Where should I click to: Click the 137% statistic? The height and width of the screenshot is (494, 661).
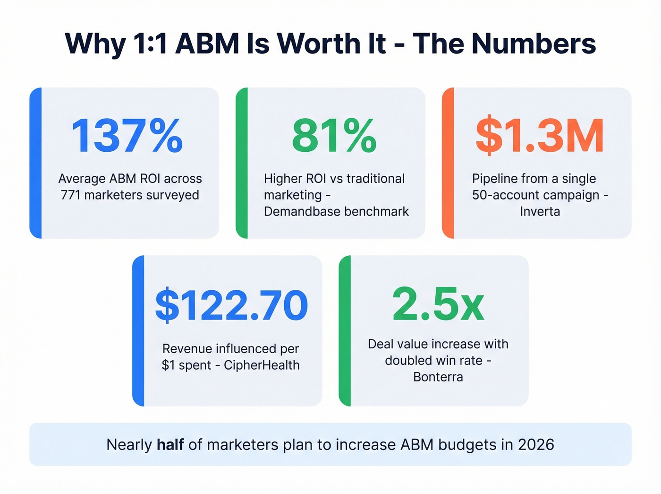[127, 136]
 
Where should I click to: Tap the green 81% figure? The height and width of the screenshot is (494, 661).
[334, 136]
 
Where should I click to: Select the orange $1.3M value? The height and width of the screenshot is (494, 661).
[540, 136]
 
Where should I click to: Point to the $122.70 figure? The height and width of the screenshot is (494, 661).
[231, 305]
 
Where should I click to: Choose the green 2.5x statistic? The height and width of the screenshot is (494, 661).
[438, 304]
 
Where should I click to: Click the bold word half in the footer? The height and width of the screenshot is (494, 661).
[170, 444]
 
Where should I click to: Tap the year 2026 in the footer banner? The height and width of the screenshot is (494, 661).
[536, 444]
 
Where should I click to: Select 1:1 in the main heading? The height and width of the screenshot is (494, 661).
[150, 43]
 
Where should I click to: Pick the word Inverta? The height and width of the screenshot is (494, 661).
[540, 211]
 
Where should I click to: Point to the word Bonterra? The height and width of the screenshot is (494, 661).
[438, 377]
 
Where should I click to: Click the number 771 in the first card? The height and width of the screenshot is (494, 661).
[71, 195]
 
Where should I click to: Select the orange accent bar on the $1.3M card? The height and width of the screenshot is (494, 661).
[448, 163]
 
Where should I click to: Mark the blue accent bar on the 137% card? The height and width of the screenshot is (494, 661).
[35, 163]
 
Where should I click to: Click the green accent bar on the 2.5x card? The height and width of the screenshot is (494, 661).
[345, 330]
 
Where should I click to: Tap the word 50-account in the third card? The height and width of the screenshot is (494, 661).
[506, 195]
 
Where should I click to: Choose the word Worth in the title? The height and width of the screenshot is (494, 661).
[331, 43]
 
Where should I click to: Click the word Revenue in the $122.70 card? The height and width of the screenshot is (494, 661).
[187, 348]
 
